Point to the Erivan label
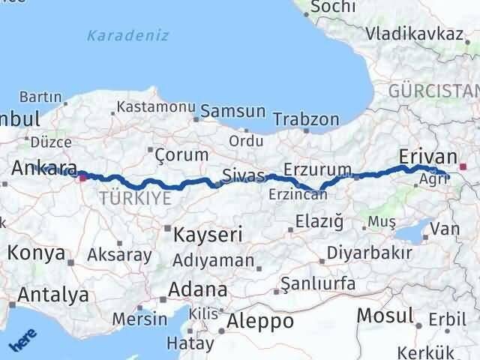[x=428, y=156]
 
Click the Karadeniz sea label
[x=127, y=35]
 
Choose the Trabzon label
[x=306, y=119]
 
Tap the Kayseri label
[x=207, y=234]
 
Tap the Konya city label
[x=36, y=253]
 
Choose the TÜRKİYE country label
[x=135, y=198]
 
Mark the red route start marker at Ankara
[x=82, y=178]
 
